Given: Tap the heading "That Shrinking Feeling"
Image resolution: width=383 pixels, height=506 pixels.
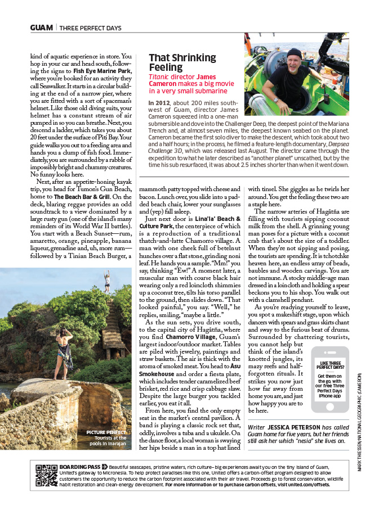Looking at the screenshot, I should click(x=182, y=62).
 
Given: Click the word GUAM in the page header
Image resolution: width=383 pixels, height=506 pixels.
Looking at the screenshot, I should click(x=42, y=27).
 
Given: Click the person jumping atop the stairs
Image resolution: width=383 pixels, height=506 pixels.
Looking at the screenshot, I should click(x=106, y=279).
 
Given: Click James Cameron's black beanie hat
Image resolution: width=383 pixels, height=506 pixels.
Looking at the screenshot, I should click(x=294, y=53).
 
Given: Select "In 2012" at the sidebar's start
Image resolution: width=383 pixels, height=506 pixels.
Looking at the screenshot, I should click(x=160, y=103).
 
